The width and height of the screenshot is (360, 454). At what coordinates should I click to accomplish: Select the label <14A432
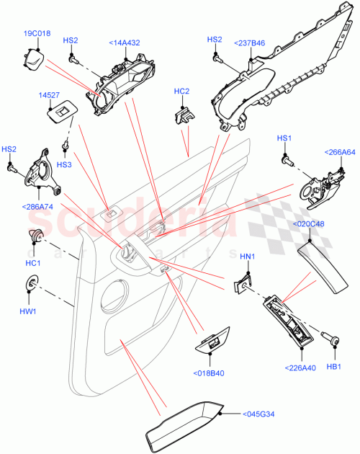point(125,43)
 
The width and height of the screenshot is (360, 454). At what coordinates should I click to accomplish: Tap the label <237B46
point(249,43)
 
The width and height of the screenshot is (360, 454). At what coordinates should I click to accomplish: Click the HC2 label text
point(182,92)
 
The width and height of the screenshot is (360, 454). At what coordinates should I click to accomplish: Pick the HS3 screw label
point(64,165)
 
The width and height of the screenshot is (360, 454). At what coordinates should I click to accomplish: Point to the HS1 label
point(285,138)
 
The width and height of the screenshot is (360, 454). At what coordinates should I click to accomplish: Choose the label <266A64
point(340,152)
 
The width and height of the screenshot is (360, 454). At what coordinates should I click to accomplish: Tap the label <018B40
point(210,373)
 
